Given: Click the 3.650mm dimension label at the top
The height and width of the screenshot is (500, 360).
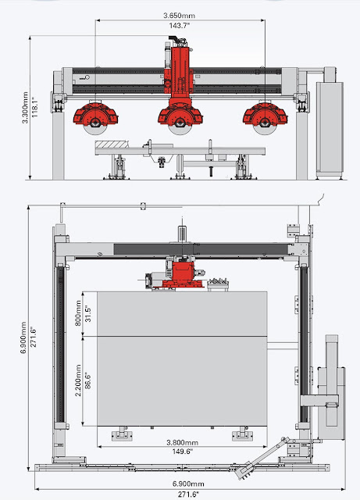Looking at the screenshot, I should pos(179,15).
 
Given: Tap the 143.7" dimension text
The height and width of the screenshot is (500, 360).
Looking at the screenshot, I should pos(179,25).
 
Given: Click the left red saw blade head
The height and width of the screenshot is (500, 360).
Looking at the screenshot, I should pos(95,116).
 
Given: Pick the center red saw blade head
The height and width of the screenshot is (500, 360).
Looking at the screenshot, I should pos(179,117).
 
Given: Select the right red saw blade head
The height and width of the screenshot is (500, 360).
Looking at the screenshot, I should pos(262,116).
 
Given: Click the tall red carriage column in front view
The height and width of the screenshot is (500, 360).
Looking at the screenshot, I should pos(180,70).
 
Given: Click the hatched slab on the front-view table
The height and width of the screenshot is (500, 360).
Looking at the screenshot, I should pos(112,145).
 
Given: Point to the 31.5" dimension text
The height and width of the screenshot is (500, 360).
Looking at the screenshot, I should pos(89,314).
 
